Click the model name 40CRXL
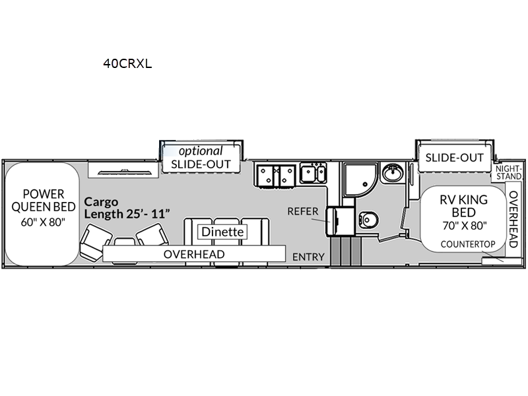127,63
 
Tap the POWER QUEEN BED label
44,201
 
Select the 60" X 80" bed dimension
43,222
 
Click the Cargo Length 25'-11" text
127,207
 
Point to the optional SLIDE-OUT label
201,157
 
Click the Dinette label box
222,232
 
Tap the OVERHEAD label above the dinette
194,254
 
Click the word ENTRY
308,257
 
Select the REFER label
303,211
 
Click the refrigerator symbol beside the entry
340,221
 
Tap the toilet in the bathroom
368,220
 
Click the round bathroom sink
393,172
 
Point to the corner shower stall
359,180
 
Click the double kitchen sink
313,173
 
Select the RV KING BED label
464,206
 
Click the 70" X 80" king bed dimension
465,225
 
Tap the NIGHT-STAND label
508,172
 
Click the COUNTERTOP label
468,244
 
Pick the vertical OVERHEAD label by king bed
513,219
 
